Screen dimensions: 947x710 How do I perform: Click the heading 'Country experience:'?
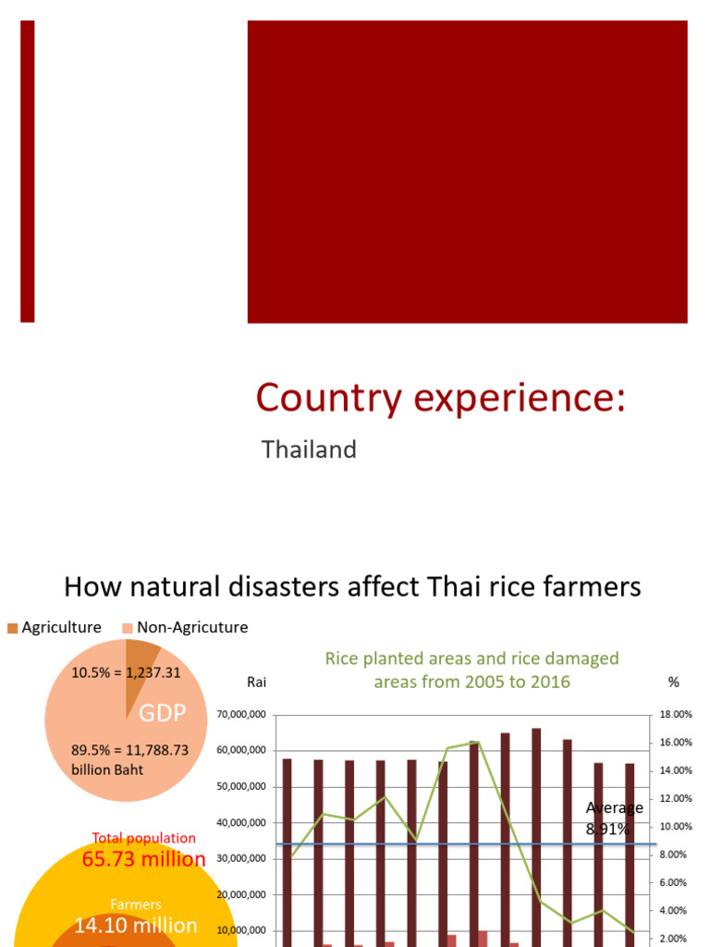pos(441,398)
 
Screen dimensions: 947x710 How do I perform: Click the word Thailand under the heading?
pos(309,450)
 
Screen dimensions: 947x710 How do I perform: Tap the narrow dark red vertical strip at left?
pos(28,172)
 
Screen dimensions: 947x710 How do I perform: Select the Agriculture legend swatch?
pos(12,628)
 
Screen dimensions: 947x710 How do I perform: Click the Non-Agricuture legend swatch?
pos(128,628)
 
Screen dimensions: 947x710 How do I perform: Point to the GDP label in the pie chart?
pos(163,713)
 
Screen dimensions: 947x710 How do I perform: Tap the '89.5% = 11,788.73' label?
pos(129,750)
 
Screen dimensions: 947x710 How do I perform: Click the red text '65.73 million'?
pos(144,859)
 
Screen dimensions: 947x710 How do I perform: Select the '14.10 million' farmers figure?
pos(136,925)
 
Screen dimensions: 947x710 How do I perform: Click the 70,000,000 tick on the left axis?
pos(243,715)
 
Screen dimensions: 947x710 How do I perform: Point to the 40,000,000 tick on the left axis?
pos(243,822)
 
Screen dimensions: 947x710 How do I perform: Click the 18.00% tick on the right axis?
pos(675,715)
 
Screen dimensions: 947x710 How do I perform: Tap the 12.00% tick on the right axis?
pos(675,799)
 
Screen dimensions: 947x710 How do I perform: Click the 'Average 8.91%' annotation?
pos(614,818)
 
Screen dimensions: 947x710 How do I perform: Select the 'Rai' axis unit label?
pos(256,682)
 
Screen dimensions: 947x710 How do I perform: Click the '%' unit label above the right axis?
pos(673,682)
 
